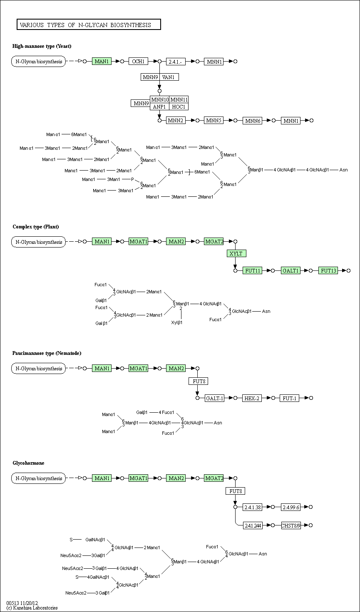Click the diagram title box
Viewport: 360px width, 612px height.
[89, 25]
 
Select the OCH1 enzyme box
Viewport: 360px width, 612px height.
[138, 62]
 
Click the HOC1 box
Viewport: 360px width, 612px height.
[179, 107]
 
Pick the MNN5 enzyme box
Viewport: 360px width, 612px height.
[214, 121]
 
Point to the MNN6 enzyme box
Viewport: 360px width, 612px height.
[253, 121]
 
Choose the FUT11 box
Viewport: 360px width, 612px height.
[253, 271]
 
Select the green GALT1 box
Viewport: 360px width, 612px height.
[290, 271]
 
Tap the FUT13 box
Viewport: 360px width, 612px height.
[328, 271]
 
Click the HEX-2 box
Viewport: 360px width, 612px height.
[252, 398]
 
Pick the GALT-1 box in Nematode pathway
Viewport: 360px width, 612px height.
[214, 398]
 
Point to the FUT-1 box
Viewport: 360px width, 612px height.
[289, 398]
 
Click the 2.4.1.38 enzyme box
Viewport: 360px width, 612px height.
[253, 507]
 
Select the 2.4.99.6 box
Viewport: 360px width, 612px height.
[290, 507]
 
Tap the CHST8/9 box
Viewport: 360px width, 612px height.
[291, 525]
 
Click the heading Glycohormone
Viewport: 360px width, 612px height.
[28, 463]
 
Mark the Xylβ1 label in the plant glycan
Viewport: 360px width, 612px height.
[177, 322]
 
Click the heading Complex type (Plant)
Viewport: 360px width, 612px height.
[36, 227]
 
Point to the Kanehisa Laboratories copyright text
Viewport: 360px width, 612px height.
[32, 608]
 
